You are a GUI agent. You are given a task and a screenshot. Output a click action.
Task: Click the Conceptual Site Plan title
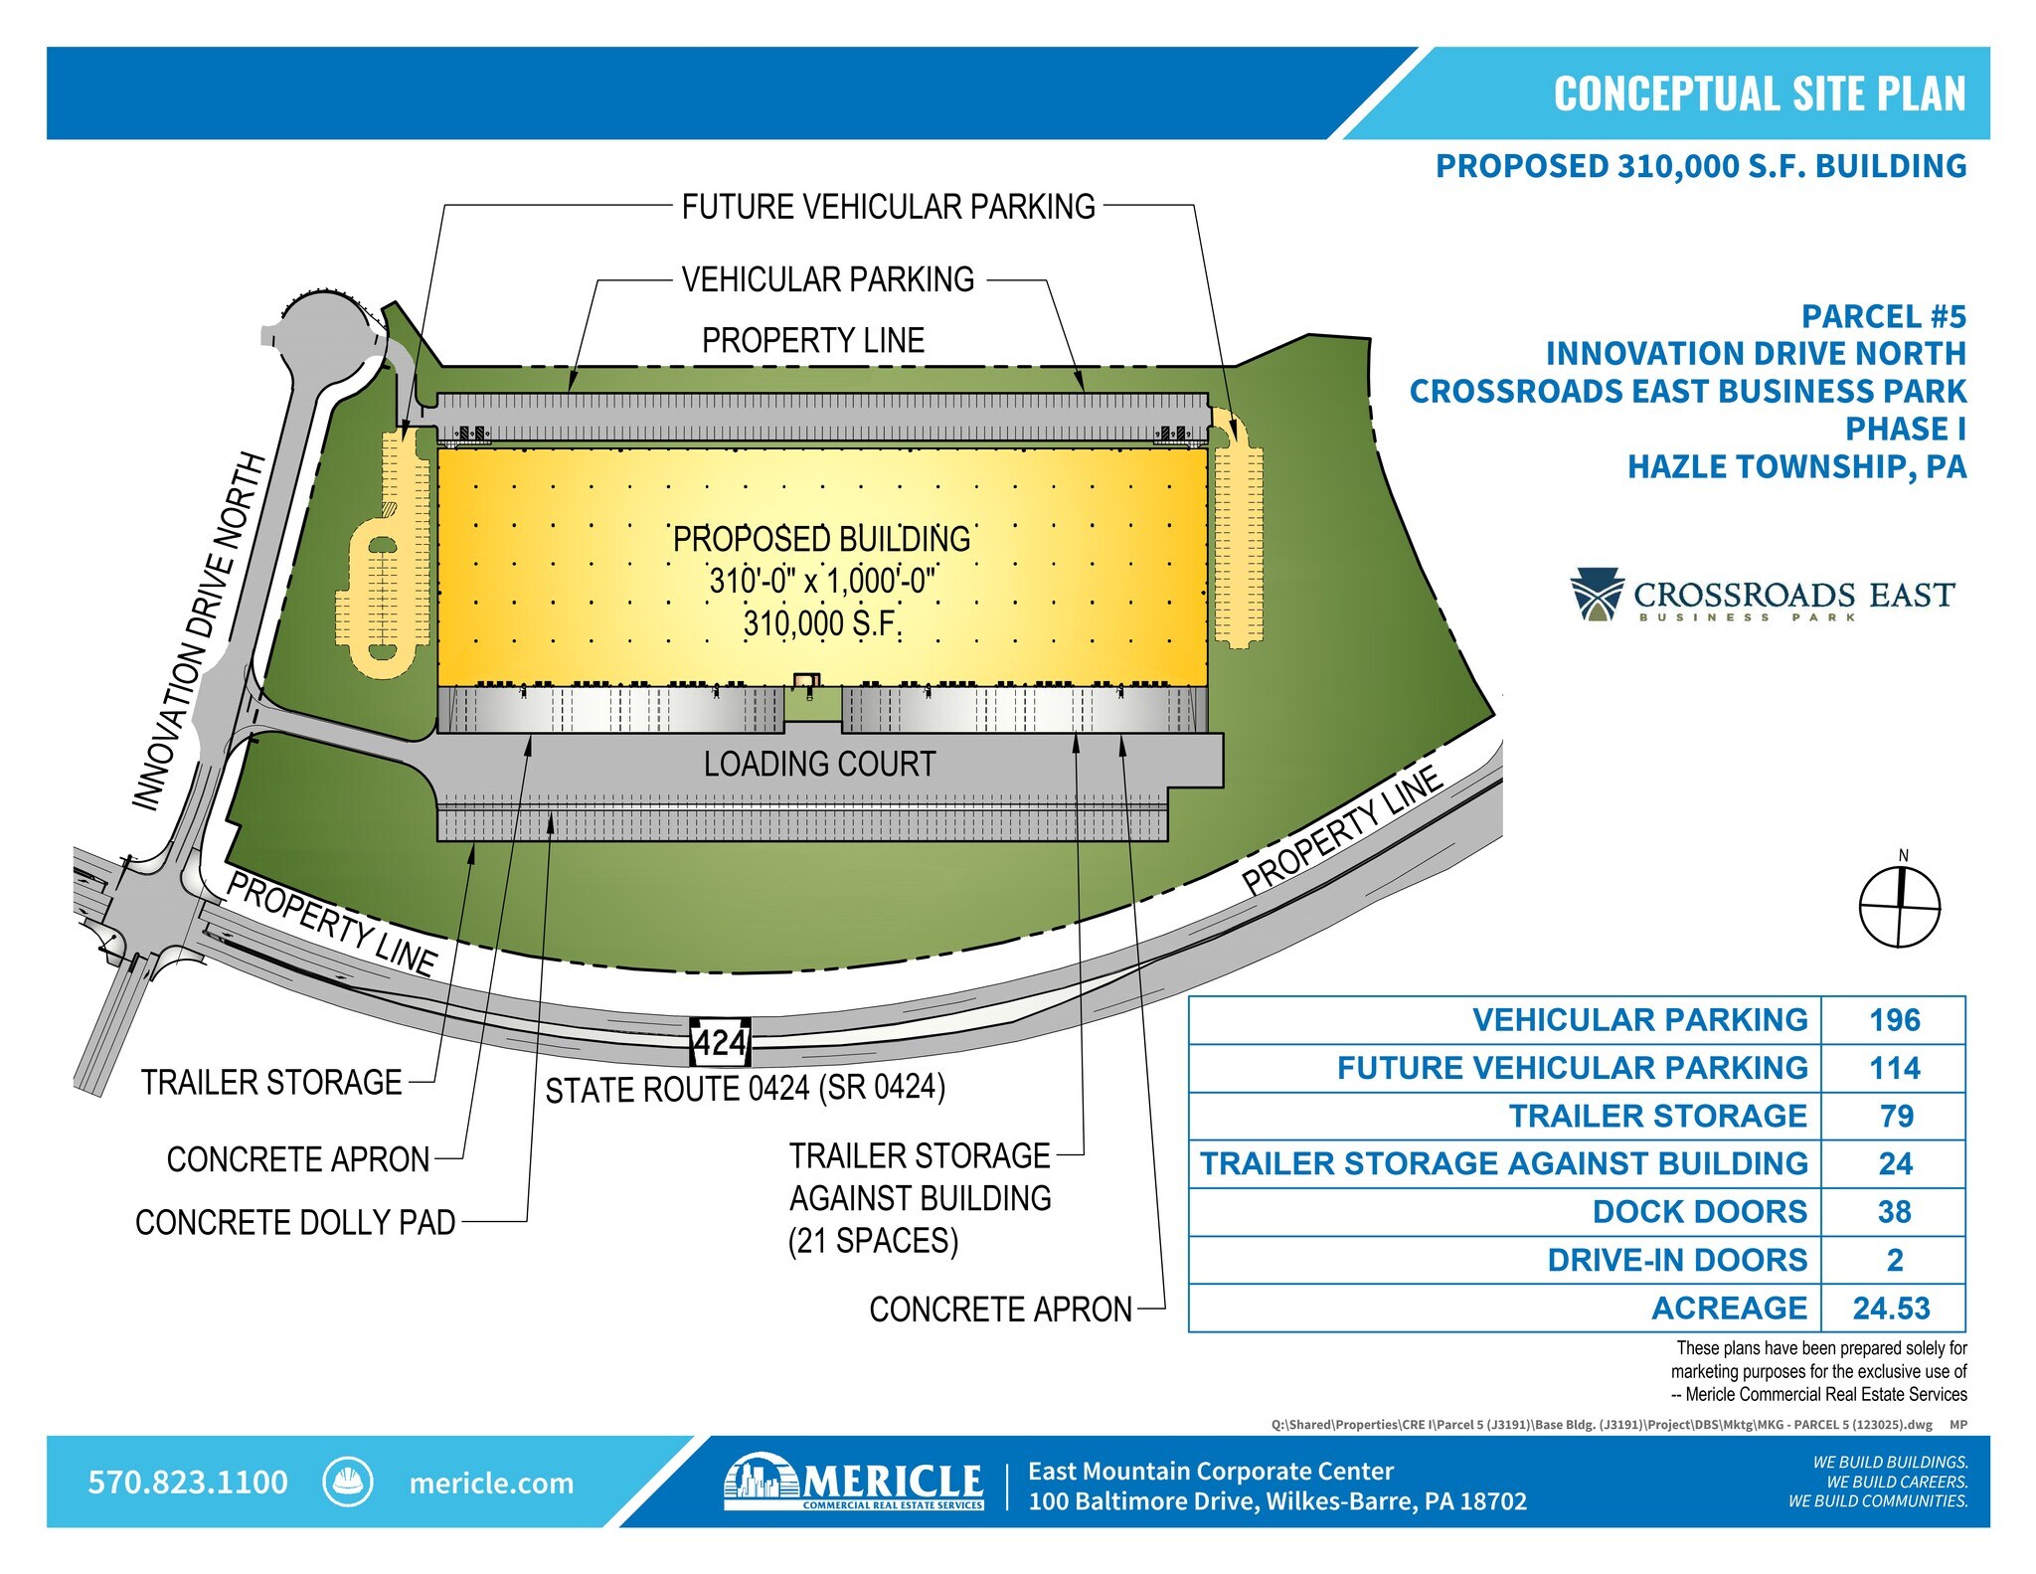pyautogui.click(x=1760, y=93)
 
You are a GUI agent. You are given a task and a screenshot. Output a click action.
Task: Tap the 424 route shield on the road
pyautogui.click(x=720, y=1043)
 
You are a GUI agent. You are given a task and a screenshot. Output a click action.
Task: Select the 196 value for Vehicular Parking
pyautogui.click(x=1894, y=1020)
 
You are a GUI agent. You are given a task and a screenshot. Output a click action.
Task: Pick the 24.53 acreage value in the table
pyautogui.click(x=1891, y=1309)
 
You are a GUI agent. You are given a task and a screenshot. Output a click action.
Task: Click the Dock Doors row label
pyautogui.click(x=1699, y=1212)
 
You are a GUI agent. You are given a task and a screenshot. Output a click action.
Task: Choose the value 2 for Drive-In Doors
pyautogui.click(x=1895, y=1261)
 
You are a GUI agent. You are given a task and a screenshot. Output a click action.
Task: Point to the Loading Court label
pyautogui.click(x=820, y=764)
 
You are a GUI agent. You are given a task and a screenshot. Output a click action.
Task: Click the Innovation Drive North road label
pyautogui.click(x=200, y=632)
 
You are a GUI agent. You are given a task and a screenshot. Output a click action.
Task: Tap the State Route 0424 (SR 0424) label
pyautogui.click(x=746, y=1089)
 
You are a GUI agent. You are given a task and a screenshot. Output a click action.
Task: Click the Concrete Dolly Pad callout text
pyautogui.click(x=295, y=1222)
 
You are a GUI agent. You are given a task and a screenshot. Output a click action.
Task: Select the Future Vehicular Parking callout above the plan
pyautogui.click(x=888, y=207)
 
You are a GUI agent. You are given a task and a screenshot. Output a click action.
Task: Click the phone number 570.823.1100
pyautogui.click(x=188, y=1483)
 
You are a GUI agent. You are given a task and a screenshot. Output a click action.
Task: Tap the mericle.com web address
pyautogui.click(x=491, y=1484)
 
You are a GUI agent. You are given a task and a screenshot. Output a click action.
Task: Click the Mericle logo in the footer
pyautogui.click(x=854, y=1482)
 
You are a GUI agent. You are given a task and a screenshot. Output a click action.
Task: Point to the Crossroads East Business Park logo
pyautogui.click(x=1763, y=595)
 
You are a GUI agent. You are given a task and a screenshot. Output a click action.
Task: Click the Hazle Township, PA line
pyautogui.click(x=1796, y=466)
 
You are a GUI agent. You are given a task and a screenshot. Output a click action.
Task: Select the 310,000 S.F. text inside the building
pyautogui.click(x=821, y=624)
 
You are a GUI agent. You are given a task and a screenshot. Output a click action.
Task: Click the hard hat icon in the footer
pyautogui.click(x=348, y=1482)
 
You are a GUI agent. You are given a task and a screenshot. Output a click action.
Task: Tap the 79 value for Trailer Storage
pyautogui.click(x=1896, y=1117)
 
